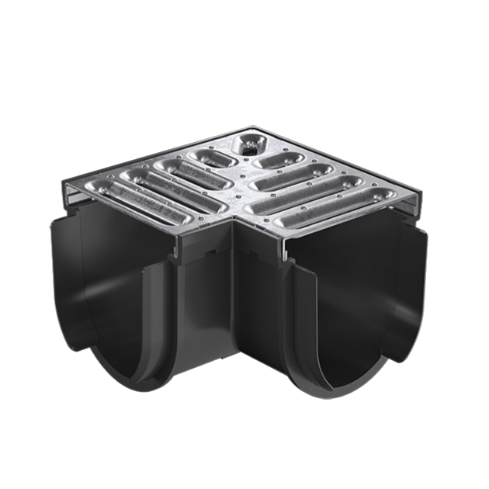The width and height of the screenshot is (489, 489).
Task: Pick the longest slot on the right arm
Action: [x=342, y=206]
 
